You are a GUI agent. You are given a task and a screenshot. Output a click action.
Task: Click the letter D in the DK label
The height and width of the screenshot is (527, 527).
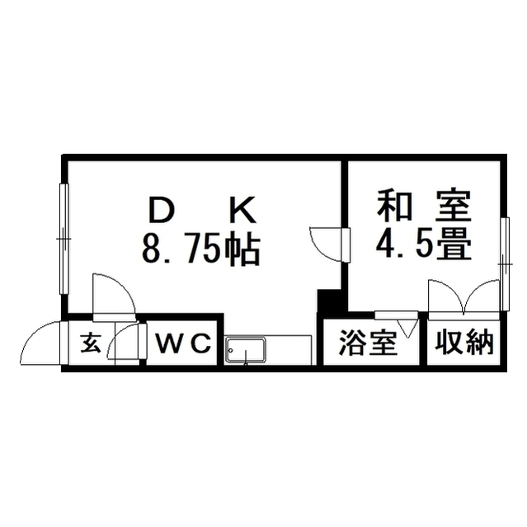click(162, 211)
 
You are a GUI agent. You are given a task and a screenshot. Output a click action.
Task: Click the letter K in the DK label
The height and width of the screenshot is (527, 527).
click(243, 211)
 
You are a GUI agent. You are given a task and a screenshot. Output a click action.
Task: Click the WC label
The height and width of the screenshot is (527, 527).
click(184, 343)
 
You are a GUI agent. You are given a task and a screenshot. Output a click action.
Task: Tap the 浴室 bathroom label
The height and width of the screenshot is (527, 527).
click(368, 343)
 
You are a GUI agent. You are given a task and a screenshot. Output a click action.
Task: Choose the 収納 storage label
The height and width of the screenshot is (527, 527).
click(464, 343)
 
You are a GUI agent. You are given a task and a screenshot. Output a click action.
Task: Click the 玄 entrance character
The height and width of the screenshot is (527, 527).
click(91, 343)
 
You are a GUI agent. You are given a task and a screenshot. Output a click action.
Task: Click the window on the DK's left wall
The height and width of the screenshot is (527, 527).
click(64, 239)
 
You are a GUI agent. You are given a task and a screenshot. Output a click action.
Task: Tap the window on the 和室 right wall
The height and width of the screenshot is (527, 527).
click(504, 264)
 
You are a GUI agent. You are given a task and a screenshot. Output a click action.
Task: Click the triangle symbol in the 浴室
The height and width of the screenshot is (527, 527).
click(407, 329)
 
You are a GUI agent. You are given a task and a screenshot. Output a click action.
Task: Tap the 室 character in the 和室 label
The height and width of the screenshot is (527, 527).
click(453, 206)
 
